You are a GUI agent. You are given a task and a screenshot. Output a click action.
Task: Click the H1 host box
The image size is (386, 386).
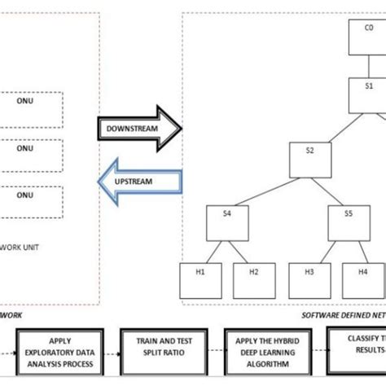pyautogui.click(x=200, y=279)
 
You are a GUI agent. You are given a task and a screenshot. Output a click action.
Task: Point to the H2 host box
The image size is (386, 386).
pyautogui.click(x=254, y=279)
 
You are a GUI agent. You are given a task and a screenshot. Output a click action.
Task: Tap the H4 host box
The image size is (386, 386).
pyautogui.click(x=362, y=279)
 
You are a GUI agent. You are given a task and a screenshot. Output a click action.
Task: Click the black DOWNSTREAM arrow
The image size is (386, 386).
pyautogui.click(x=138, y=129)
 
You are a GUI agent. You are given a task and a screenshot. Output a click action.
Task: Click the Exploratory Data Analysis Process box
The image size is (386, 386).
pyautogui.click(x=62, y=349)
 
